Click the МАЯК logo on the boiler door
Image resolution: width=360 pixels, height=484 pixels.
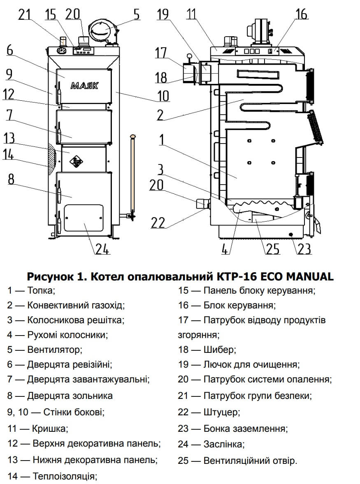click(85, 86)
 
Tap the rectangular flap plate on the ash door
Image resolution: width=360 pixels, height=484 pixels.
click(84, 218)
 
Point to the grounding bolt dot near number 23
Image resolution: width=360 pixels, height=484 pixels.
click(291, 234)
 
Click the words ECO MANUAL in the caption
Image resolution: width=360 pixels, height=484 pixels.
click(293, 276)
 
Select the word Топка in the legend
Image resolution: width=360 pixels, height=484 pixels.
click(40, 291)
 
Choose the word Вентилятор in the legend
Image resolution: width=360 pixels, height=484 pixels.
click(54, 350)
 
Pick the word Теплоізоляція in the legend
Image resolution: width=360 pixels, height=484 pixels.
click(65, 477)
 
